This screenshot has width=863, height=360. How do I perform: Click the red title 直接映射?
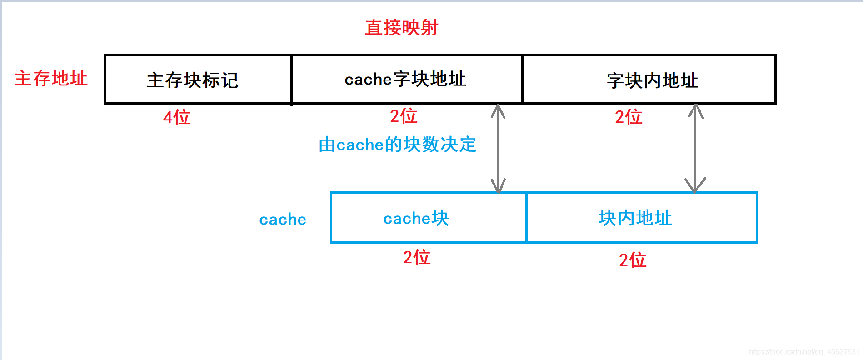click(401, 28)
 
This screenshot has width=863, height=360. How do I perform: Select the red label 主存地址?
click(51, 79)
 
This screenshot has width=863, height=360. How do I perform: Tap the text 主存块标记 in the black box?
click(192, 80)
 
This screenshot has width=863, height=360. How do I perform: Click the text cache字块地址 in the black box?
click(405, 80)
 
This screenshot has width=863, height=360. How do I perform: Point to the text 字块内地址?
click(652, 80)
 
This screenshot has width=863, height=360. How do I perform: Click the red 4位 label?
click(177, 118)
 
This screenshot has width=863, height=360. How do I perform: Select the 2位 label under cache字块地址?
click(404, 116)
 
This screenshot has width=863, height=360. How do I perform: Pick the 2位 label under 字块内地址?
click(629, 117)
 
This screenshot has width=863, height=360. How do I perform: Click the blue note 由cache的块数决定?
click(397, 145)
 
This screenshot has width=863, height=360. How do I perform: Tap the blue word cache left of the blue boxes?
click(283, 220)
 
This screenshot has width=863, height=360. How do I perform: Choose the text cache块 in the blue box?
click(416, 219)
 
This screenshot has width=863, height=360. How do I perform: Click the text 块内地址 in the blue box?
click(635, 218)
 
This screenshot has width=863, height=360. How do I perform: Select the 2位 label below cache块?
click(417, 258)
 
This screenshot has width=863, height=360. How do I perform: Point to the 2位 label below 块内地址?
click(633, 260)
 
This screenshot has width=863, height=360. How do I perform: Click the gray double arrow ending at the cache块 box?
click(498, 148)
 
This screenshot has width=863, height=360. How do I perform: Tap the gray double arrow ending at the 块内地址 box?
click(695, 148)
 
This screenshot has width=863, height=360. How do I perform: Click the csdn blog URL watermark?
click(804, 352)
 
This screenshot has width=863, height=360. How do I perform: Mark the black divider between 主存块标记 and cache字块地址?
click(291, 80)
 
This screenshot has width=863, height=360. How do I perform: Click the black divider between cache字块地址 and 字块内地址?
click(522, 80)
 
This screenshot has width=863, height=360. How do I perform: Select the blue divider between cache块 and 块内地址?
click(526, 218)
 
